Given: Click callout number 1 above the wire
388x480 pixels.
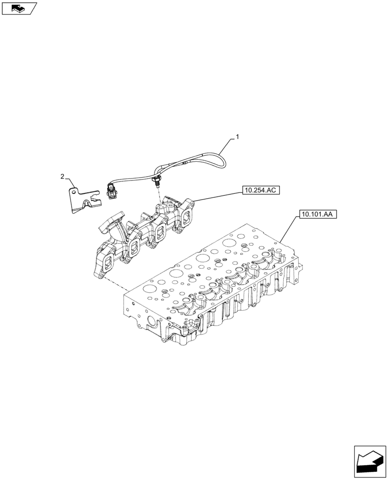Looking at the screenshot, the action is (x=237, y=137).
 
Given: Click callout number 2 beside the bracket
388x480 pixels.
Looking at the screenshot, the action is (x=62, y=177).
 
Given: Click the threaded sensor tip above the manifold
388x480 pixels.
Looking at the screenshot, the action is (x=156, y=182).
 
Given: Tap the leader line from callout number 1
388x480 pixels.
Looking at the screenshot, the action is (x=228, y=144).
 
